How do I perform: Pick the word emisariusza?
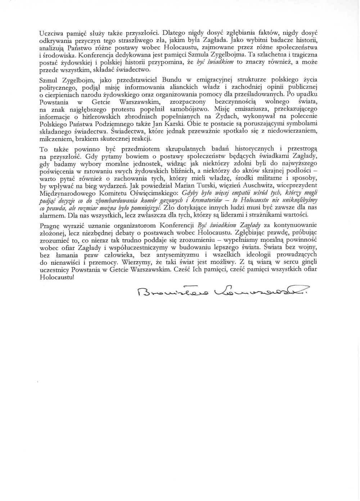click(x=249, y=109)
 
